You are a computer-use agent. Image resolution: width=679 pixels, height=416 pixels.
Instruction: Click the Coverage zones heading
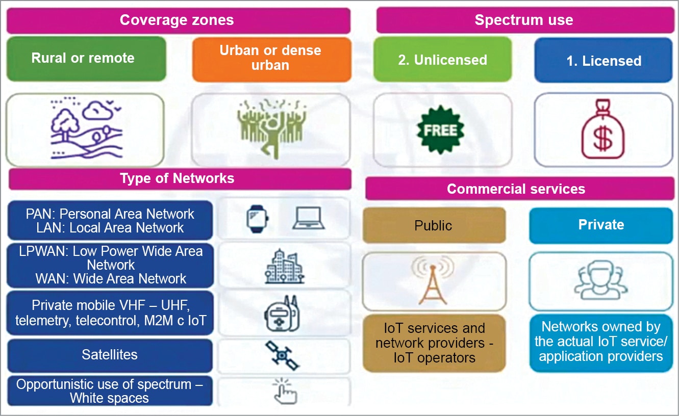177,20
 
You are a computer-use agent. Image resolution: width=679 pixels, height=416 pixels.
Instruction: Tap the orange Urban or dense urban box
271,58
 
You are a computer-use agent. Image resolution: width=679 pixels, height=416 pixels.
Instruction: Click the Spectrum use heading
524,20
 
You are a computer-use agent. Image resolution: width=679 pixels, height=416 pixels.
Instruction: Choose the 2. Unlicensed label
442,60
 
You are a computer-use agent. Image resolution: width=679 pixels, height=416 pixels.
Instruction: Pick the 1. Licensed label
603,61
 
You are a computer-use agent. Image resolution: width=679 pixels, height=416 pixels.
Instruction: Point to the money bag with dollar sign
603,131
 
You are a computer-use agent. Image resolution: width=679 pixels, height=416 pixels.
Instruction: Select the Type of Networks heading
177,178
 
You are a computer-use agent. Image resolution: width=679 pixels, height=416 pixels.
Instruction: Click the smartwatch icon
258,218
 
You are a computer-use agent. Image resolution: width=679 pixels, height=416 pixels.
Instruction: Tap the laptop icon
309,218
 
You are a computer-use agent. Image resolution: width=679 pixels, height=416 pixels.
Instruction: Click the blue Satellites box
110,355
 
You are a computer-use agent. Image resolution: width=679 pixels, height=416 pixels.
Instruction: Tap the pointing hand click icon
283,392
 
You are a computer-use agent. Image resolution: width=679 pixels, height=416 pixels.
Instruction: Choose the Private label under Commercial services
601,225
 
